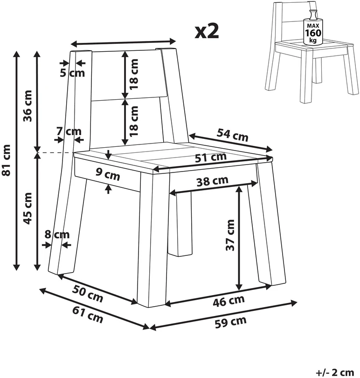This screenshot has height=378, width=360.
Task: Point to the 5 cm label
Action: [x=72, y=73]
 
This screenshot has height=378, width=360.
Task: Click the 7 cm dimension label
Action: [x=69, y=131]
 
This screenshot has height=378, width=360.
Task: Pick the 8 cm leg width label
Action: [x=57, y=234]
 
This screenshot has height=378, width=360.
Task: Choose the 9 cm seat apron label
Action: [x=108, y=174]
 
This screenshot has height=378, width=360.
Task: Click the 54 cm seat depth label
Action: [x=232, y=135]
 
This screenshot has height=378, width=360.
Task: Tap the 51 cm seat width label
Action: [x=211, y=158]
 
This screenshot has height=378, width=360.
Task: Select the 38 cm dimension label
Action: [x=212, y=181]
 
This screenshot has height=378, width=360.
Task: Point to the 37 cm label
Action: [x=230, y=235]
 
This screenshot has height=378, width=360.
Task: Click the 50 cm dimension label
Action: [x=88, y=294]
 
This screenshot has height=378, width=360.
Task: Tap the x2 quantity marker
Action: [x=207, y=32]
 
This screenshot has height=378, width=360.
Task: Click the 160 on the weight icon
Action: [x=313, y=33]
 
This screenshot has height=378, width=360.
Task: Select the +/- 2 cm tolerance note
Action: [x=335, y=372]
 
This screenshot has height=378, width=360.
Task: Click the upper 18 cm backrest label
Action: [x=133, y=74]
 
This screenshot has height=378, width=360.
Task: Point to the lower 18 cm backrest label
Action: [x=133, y=121]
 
